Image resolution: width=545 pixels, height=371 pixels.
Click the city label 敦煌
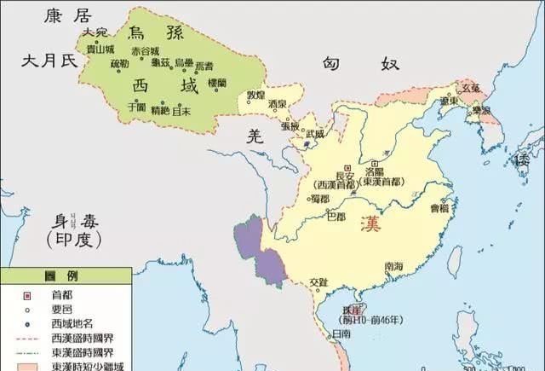(255, 94)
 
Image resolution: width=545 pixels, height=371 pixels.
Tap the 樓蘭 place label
(216, 84)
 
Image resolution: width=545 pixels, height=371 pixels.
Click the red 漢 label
(370, 225)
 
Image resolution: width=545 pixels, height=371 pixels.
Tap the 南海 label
(393, 266)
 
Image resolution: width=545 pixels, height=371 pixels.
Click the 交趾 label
(318, 281)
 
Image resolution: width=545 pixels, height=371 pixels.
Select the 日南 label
(340, 333)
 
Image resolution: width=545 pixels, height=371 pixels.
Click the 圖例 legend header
(66, 277)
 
